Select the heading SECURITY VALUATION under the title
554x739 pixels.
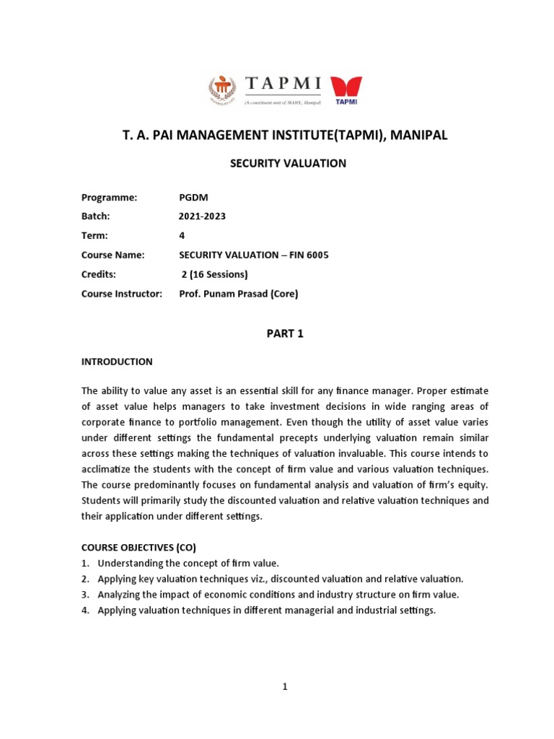[x=288, y=164]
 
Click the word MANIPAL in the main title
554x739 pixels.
[x=416, y=136]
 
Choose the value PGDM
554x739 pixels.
[x=193, y=198]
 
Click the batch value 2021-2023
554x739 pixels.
[x=202, y=217]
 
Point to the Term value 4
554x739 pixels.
[x=182, y=236]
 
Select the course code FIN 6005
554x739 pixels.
[x=307, y=255]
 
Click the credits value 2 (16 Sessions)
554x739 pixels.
[x=214, y=274]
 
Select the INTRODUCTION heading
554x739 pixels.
[x=117, y=362]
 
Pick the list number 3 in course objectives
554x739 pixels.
[x=84, y=595]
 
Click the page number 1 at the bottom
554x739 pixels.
[x=285, y=687]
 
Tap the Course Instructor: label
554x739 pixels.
[x=122, y=294]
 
